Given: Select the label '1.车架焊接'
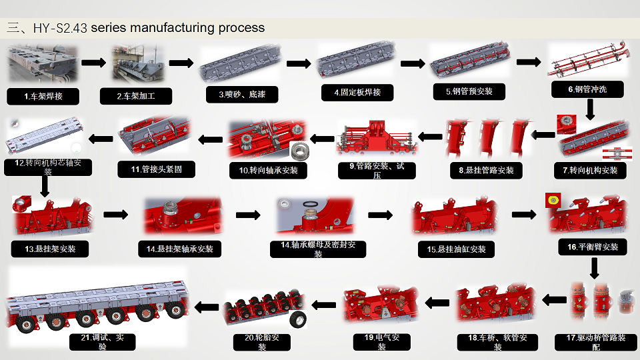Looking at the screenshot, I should tap(43, 96).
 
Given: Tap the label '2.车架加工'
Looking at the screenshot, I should tap(135, 96).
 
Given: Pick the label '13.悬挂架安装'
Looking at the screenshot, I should tap(50, 249).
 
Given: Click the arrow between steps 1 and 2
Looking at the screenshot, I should tap(93, 63).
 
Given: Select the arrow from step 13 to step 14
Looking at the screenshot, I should tap(116, 215).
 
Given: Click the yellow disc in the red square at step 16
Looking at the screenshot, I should tap(551, 199).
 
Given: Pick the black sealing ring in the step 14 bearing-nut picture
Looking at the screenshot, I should tap(310, 203).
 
